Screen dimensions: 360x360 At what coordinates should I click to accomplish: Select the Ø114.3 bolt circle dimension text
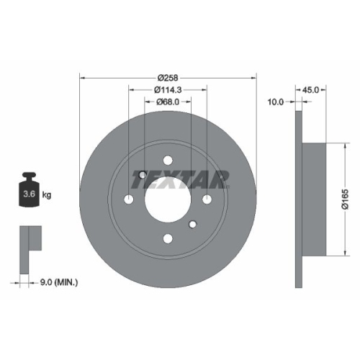168,90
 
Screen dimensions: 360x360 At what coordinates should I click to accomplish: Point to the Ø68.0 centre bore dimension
168,102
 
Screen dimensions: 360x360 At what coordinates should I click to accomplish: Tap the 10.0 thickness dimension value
276,102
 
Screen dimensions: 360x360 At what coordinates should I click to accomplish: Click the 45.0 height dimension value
311,90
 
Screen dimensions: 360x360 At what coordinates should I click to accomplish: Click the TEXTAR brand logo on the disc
180,176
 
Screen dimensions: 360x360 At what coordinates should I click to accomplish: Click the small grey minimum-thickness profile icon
29,237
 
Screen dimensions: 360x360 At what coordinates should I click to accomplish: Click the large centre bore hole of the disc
168,199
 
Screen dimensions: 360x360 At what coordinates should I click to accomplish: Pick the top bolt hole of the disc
168,161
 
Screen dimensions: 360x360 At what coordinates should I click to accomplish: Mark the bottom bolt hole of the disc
168,238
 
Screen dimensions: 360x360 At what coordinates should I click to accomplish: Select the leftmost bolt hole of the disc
130,199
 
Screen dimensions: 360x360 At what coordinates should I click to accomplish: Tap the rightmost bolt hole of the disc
207,199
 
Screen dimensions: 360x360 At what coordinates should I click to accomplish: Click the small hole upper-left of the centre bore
143,174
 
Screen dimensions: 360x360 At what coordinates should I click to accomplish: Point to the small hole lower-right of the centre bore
193,225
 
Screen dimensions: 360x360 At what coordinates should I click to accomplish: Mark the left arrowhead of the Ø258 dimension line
81,77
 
